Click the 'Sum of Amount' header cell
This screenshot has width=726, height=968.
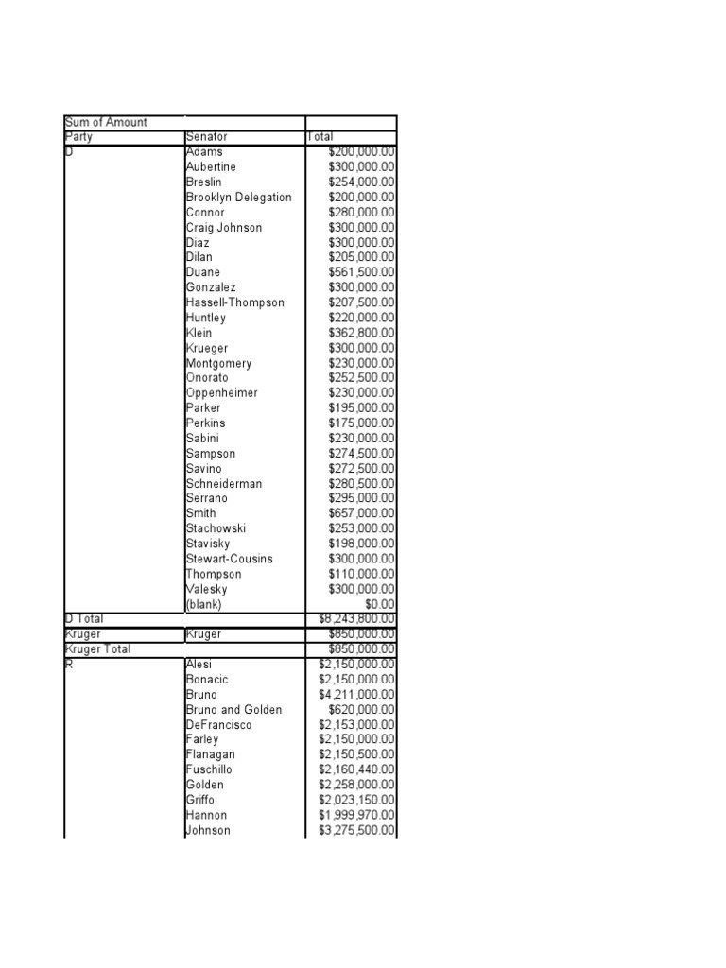point(106,122)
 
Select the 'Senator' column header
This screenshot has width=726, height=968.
point(207,137)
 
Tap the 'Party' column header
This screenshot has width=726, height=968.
point(78,137)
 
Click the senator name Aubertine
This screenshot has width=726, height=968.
point(211,167)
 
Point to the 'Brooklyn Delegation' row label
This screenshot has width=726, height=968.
point(238,198)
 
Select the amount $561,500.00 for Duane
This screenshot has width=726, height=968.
point(361,272)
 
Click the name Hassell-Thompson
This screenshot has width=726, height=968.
point(234,302)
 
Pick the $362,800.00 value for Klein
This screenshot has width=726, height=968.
point(361,333)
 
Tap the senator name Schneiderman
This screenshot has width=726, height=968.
point(224,484)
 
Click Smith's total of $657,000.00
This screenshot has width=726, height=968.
point(361,513)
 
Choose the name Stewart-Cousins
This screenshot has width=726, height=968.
point(229,559)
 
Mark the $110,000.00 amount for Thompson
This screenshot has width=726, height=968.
point(361,574)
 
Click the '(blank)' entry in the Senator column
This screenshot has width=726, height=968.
point(208,604)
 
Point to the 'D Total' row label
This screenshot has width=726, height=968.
point(84,618)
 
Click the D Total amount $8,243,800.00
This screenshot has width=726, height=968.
point(357,618)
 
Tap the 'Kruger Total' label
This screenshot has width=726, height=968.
point(98,649)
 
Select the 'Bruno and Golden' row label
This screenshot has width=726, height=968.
point(233,710)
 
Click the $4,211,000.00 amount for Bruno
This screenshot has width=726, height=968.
point(357,695)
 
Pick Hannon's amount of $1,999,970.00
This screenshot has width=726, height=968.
point(357,815)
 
